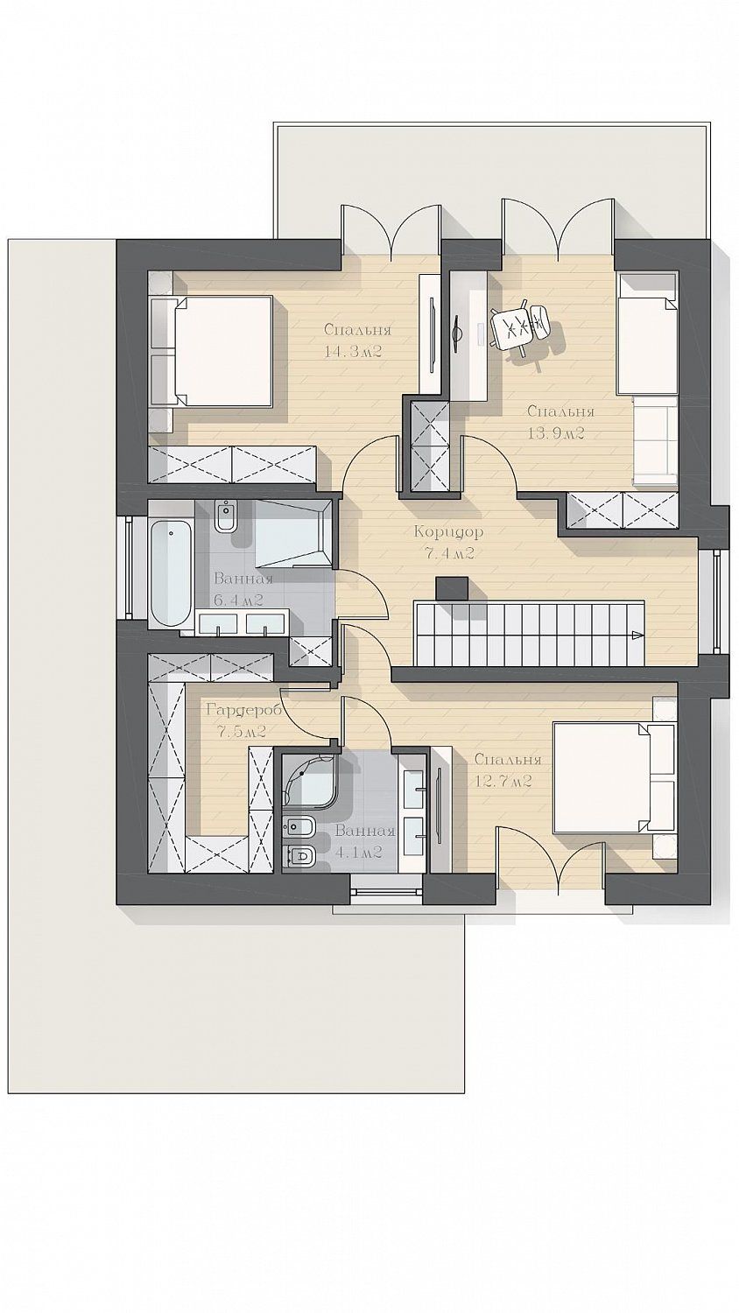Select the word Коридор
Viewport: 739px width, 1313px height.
click(x=448, y=533)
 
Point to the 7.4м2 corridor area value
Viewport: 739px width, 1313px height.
click(x=448, y=553)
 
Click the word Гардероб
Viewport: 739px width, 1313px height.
click(x=243, y=711)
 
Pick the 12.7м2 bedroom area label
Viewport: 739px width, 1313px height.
click(x=503, y=781)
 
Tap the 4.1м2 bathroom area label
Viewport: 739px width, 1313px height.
click(x=358, y=852)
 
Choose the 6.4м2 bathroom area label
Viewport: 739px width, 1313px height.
click(x=237, y=600)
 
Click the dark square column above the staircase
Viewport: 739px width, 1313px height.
click(x=452, y=588)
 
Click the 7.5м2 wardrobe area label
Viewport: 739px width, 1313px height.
click(x=242, y=732)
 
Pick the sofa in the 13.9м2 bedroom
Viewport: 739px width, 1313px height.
click(x=656, y=439)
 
